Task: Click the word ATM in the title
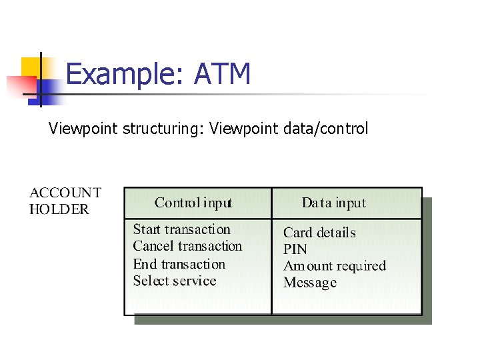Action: (x=222, y=73)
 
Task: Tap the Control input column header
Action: (x=193, y=203)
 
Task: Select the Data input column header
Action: (x=333, y=203)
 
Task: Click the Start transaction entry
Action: (x=181, y=229)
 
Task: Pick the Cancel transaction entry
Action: (x=187, y=246)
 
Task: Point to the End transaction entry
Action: (x=179, y=264)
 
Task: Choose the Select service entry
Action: (x=174, y=281)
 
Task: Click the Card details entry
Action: (x=319, y=233)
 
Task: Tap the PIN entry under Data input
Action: (x=295, y=249)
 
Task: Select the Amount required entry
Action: (x=335, y=266)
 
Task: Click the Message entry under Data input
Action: (x=310, y=283)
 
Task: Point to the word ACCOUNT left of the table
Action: (x=65, y=193)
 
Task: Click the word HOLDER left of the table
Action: (x=59, y=209)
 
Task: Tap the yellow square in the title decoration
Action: (x=29, y=67)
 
